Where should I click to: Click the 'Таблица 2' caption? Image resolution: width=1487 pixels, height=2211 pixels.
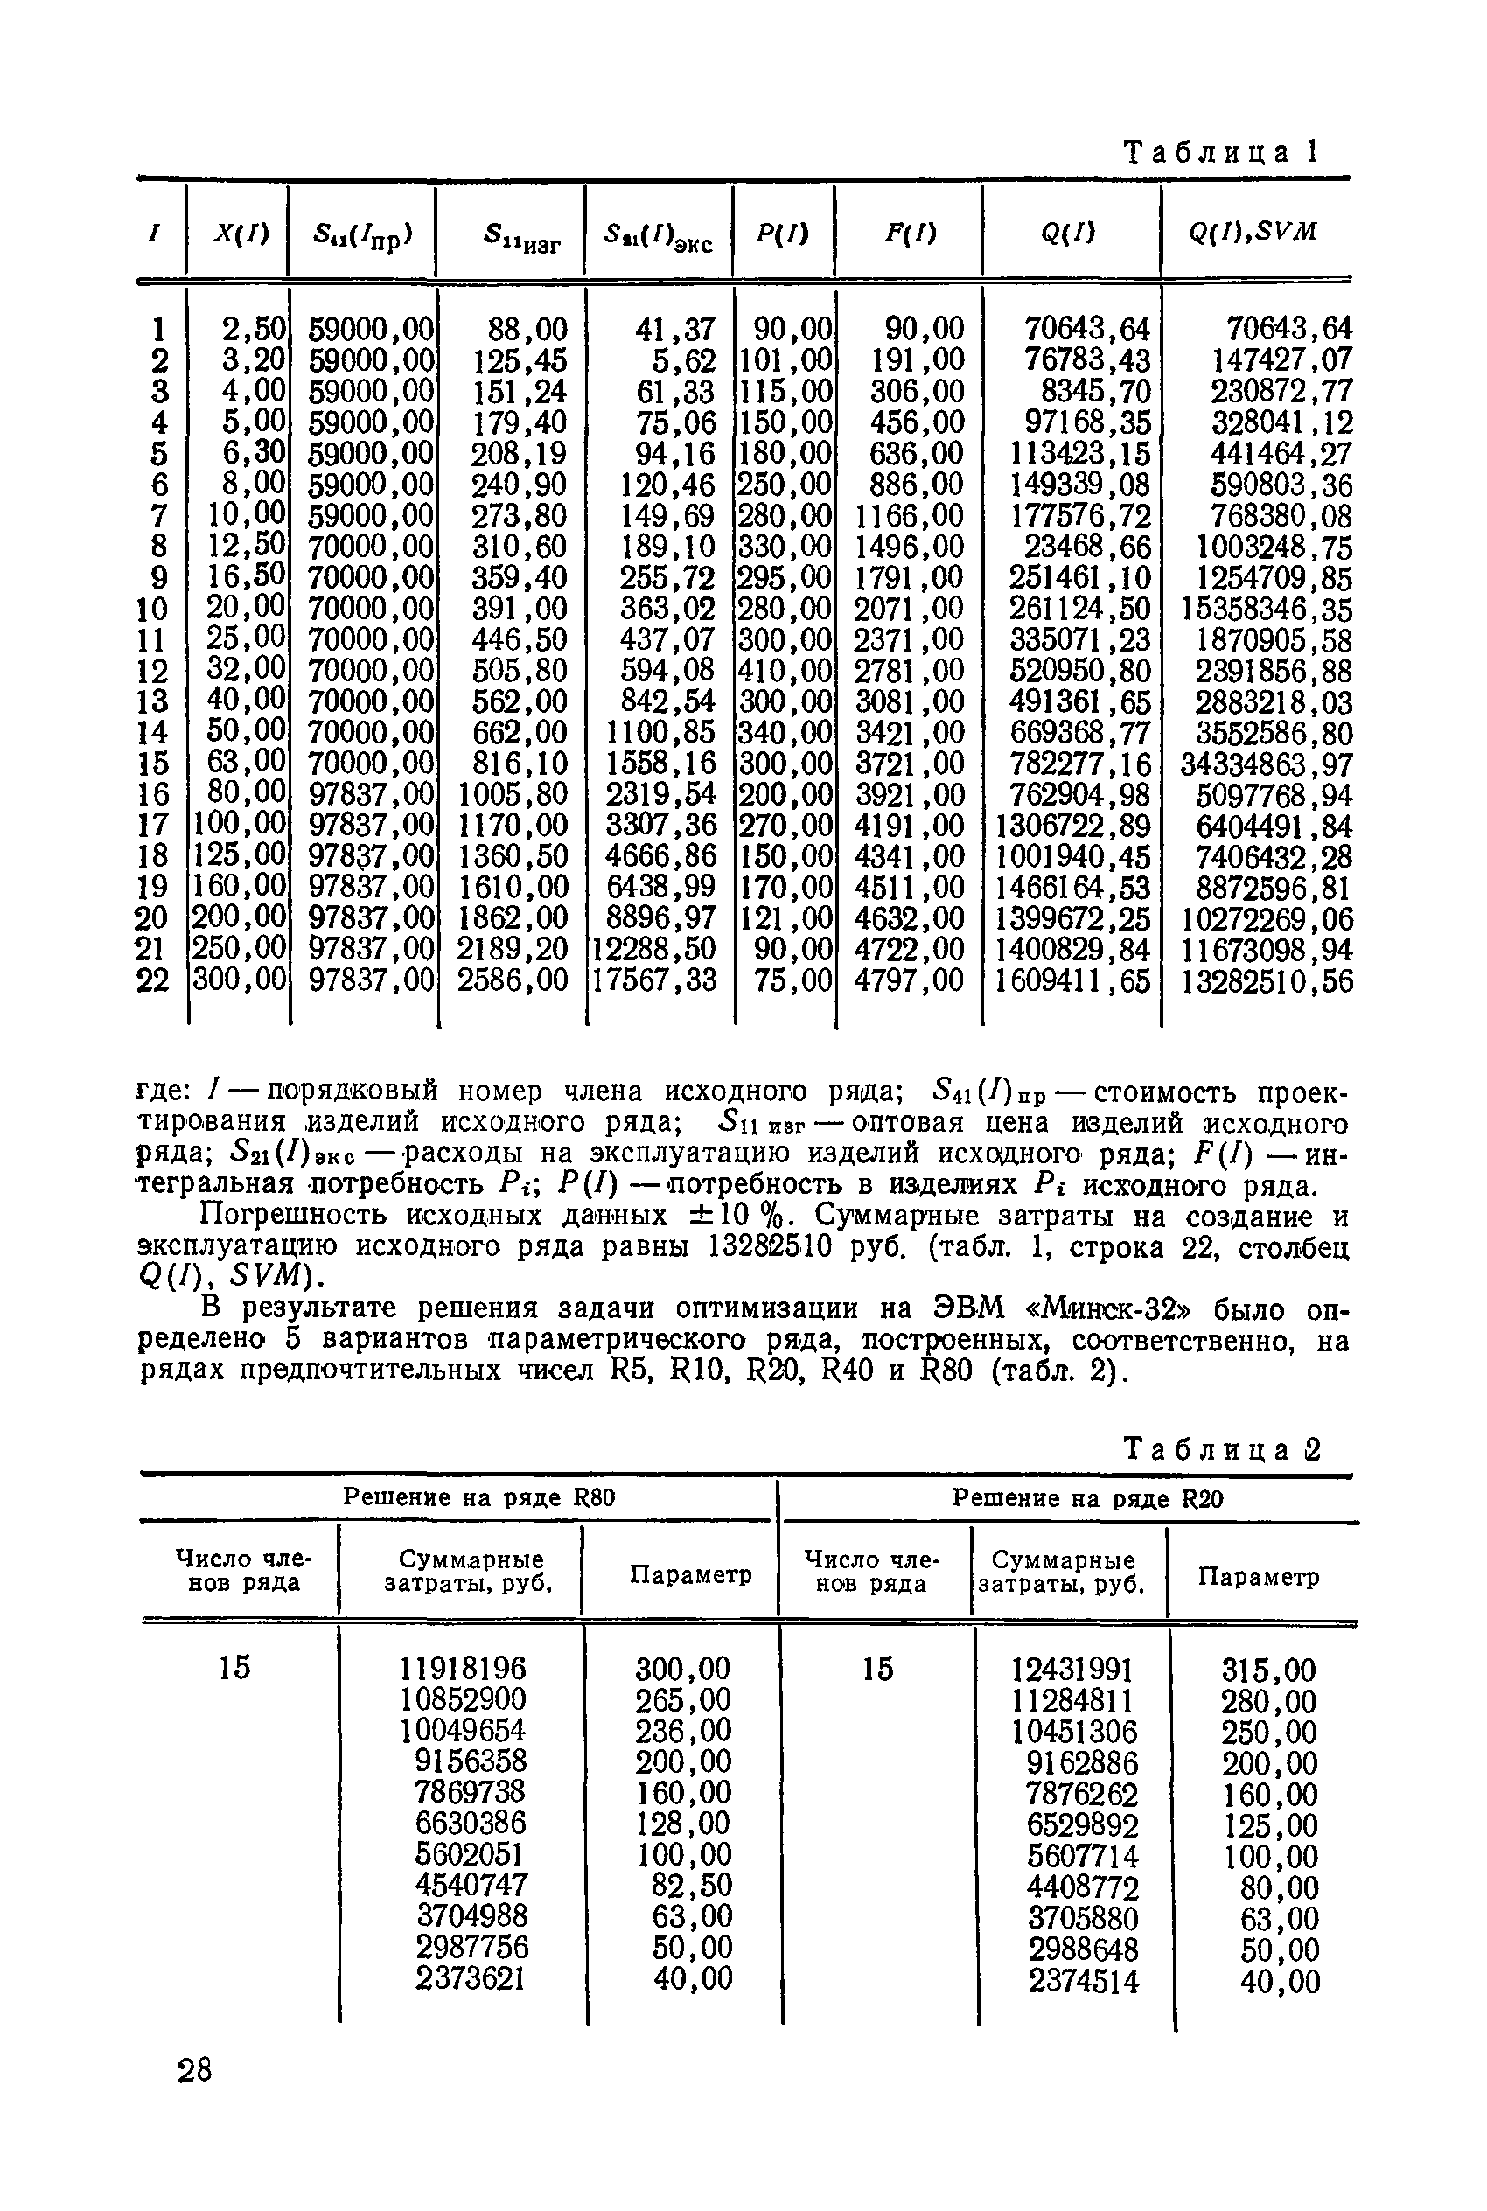(x=1220, y=1448)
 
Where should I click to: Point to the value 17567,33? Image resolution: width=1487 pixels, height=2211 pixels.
(x=654, y=980)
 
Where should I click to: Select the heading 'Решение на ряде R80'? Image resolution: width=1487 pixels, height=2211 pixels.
(x=479, y=1497)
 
